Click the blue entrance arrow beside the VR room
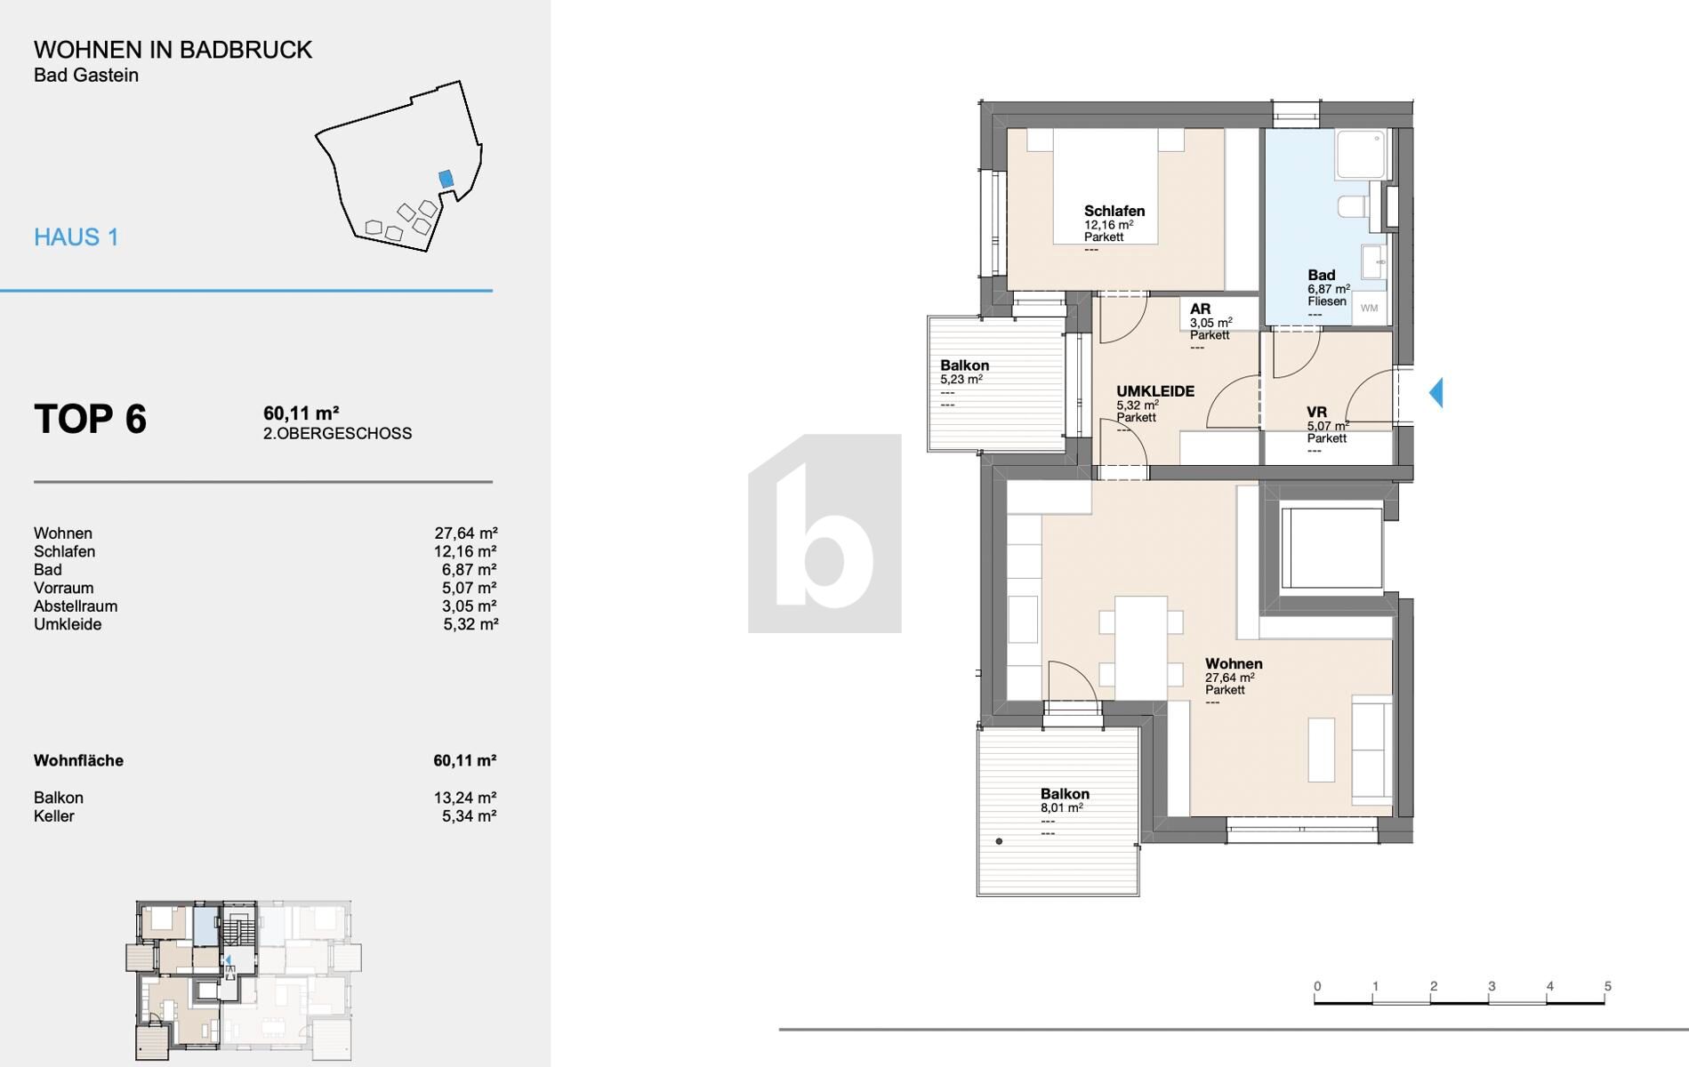(1436, 392)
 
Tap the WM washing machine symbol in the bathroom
(1369, 308)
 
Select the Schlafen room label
(1114, 211)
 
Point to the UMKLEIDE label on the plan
(1154, 391)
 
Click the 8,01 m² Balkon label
(1064, 794)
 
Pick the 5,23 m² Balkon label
(964, 365)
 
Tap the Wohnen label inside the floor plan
(1233, 663)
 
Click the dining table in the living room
(1140, 646)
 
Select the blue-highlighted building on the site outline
(446, 179)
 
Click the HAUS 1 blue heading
(76, 237)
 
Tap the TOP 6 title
(90, 419)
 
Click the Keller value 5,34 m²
(469, 816)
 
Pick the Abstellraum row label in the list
(76, 606)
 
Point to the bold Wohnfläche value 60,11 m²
(464, 761)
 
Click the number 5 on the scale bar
(1607, 986)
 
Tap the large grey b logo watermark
(824, 533)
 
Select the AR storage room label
(1200, 309)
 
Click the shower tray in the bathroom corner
(1361, 155)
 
